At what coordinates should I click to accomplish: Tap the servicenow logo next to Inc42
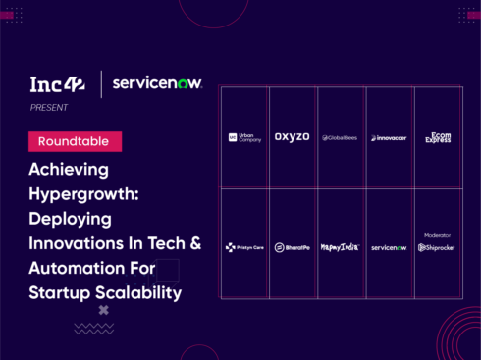coord(157,84)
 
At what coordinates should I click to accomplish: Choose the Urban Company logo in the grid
coord(245,137)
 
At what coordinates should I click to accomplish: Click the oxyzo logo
coord(293,137)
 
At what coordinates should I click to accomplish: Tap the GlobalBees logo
coord(341,138)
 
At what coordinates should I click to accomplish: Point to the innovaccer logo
coord(389,138)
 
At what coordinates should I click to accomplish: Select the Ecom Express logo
coord(438,137)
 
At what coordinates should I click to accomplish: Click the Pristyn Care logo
coord(244,248)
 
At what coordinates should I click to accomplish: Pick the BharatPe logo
coord(293,248)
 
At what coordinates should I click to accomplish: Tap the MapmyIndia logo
coord(341,248)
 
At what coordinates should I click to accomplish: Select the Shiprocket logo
coord(438,248)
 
